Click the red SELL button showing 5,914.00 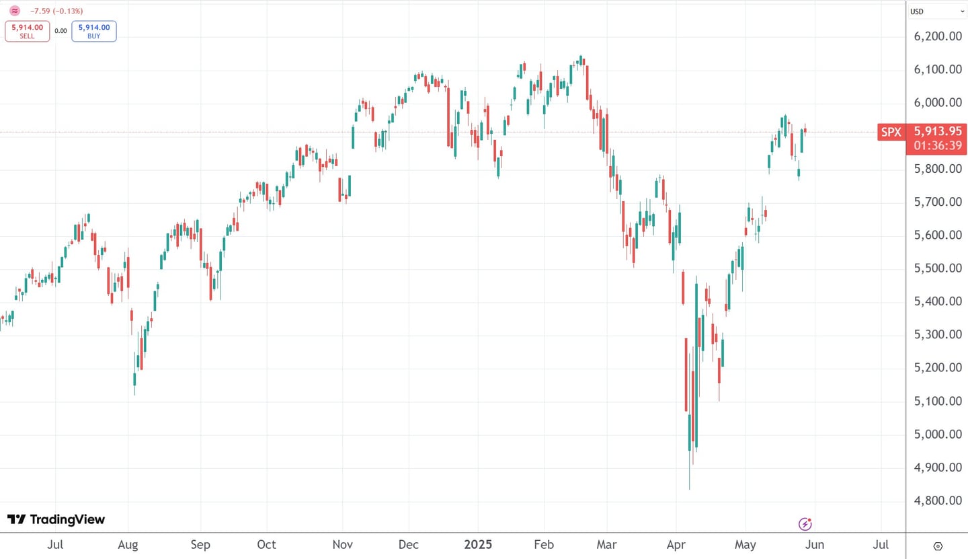pos(27,31)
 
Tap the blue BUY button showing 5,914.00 pos(94,31)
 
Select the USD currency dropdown pos(936,11)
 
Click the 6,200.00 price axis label pos(938,36)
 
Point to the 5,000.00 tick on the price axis pos(938,435)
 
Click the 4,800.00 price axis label pos(938,501)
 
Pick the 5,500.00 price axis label pos(938,268)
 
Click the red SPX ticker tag pos(891,133)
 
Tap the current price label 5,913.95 pos(936,132)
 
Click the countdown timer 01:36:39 pos(936,146)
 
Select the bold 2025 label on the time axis pos(478,544)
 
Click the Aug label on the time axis pos(128,544)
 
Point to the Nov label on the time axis pos(343,544)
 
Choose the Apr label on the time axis pos(676,544)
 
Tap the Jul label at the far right pos(881,544)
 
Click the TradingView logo pos(56,519)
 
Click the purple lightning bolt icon pos(805,523)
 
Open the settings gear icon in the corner pos(938,546)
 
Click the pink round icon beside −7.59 pos(15,11)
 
